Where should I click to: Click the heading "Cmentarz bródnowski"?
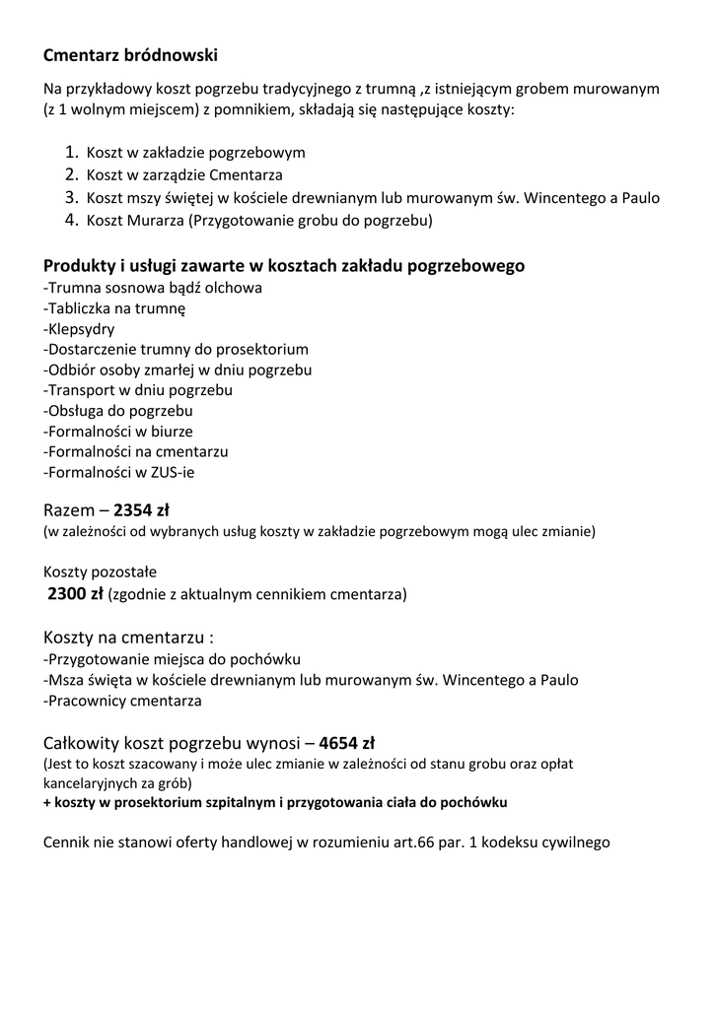(130, 53)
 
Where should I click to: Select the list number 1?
(71, 153)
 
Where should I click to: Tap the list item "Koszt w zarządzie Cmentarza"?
(184, 175)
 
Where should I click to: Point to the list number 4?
(71, 220)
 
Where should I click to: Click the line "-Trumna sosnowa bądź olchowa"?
(153, 288)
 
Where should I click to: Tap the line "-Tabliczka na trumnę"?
(114, 308)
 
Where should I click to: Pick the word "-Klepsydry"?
(79, 329)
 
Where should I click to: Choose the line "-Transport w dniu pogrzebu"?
(138, 390)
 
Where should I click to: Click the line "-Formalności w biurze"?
(118, 432)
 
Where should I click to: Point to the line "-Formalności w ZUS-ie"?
(119, 473)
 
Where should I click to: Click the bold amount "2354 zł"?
(142, 510)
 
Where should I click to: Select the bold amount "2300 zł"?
(76, 593)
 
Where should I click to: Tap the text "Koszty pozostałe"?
(100, 572)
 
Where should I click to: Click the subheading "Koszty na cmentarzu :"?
(128, 638)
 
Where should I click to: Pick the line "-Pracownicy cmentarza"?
(122, 702)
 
